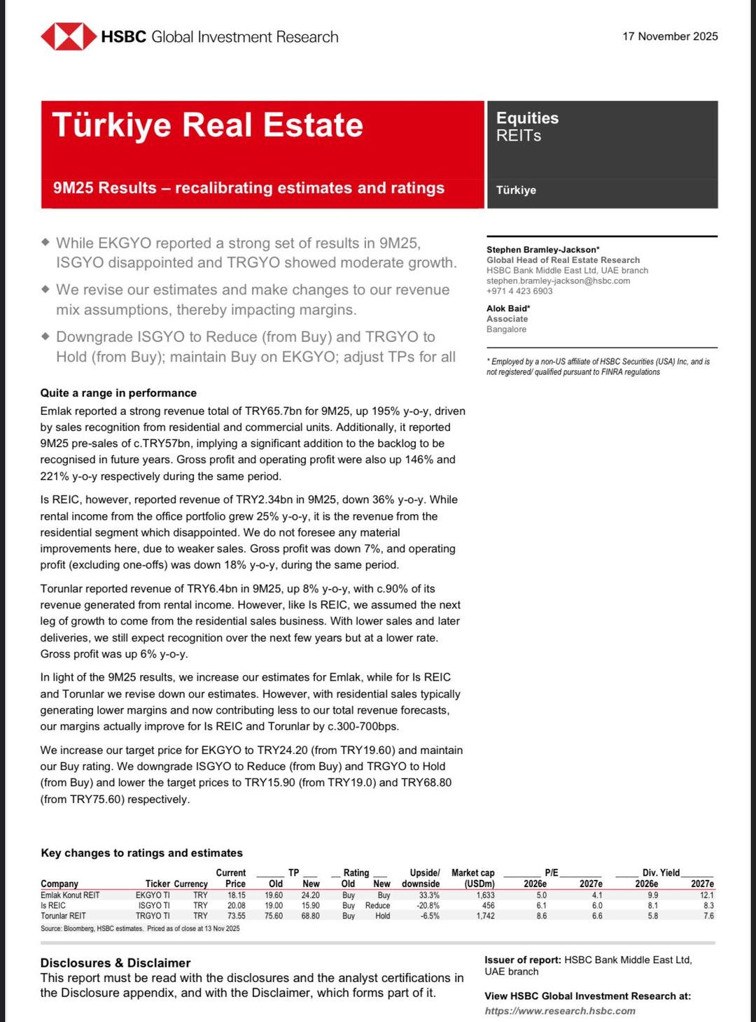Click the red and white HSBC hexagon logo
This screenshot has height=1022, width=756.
click(68, 36)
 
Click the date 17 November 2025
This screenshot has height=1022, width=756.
click(670, 36)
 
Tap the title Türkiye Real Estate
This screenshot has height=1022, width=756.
click(207, 125)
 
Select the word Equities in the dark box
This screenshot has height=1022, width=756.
click(527, 118)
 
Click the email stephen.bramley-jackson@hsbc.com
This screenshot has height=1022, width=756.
click(558, 281)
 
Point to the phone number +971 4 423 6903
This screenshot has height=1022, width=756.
click(519, 291)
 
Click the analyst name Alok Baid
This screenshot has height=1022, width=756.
click(507, 308)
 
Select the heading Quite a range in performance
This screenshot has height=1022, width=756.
click(118, 393)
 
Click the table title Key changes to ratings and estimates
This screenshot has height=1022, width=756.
click(141, 853)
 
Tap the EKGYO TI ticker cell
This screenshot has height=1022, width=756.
click(153, 895)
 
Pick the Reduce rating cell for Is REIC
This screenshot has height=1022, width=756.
click(377, 905)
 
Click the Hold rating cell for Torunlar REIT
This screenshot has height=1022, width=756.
click(382, 916)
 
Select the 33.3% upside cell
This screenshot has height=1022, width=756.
click(429, 895)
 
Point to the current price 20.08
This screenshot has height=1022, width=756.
click(236, 905)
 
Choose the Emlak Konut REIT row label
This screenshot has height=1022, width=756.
click(70, 895)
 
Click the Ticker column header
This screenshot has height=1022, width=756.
click(157, 883)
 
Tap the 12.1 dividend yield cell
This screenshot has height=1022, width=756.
click(706, 895)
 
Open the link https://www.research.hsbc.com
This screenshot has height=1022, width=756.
click(560, 1011)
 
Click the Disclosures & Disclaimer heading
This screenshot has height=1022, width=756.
click(115, 963)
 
